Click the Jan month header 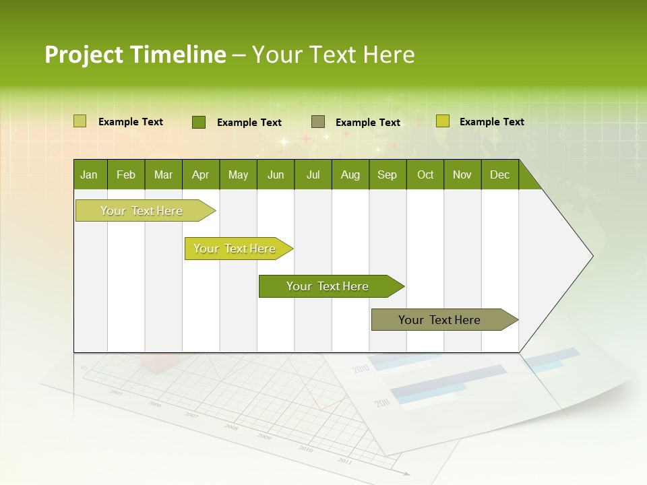[89, 175]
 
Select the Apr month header [200, 175]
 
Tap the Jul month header [313, 175]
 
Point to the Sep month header [387, 175]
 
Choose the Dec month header [499, 175]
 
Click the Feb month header [126, 175]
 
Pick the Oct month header [425, 175]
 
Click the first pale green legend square [80, 121]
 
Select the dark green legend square [198, 122]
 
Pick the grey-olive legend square [318, 122]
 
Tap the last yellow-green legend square [442, 121]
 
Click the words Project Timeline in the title [135, 55]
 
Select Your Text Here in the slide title [333, 55]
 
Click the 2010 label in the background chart [361, 369]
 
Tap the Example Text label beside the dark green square [249, 123]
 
